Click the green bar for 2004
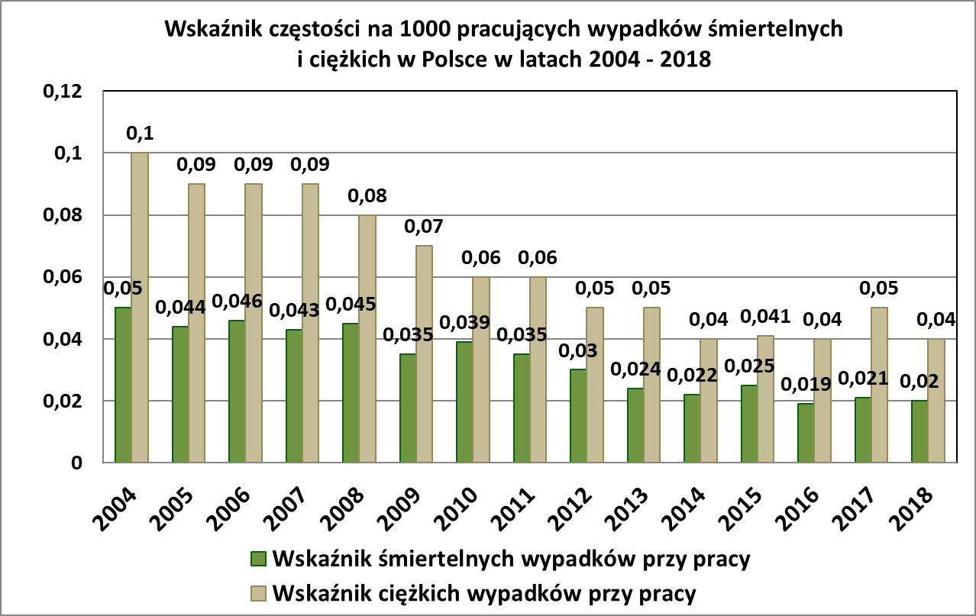pos(123,385)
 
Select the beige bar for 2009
pos(424,354)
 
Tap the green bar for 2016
pos(806,433)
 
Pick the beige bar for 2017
pos(879,385)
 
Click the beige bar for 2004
pos(140,308)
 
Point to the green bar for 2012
pos(578,416)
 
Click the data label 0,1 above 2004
pos(140,134)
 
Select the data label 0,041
pos(765,318)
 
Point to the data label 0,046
pos(237,302)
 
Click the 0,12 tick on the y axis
pos(60,92)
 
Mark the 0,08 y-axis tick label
pos(60,215)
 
